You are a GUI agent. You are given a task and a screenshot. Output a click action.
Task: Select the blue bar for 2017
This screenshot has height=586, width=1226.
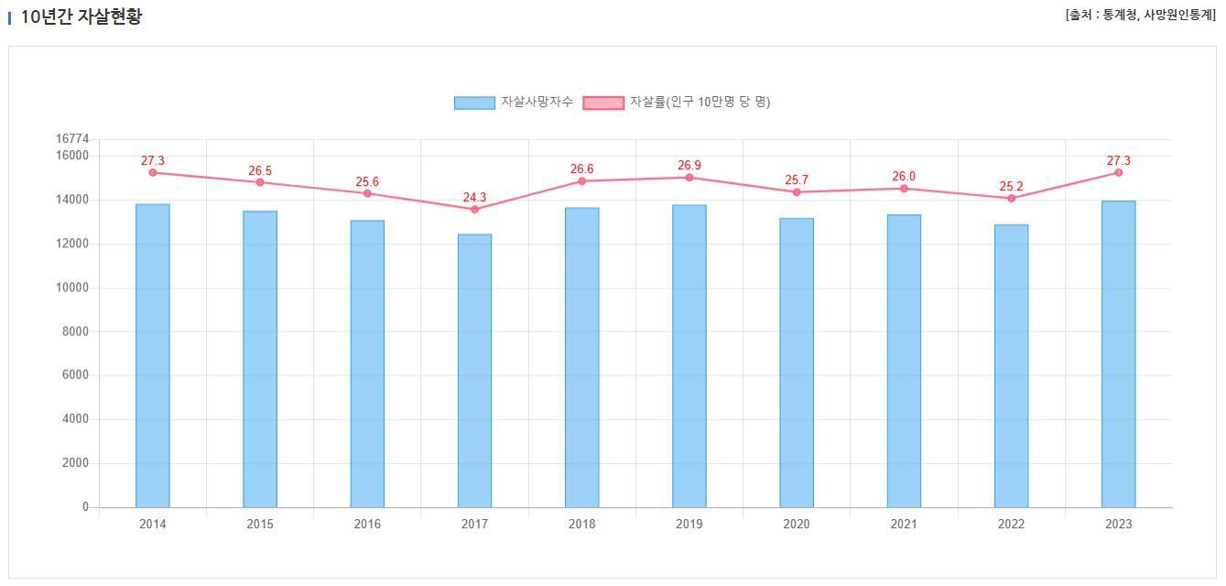(474, 371)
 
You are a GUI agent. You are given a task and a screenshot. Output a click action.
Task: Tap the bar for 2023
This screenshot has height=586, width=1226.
(1118, 353)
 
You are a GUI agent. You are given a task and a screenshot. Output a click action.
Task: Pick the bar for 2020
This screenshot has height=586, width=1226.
(797, 363)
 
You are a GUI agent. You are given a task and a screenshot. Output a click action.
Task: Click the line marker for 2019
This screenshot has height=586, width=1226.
(689, 178)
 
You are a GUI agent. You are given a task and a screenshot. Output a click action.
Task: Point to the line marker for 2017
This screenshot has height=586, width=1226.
(474, 210)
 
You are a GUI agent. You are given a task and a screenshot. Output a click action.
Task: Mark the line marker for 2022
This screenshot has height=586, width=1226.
(1011, 199)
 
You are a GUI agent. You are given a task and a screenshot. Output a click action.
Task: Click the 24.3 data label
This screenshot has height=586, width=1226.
(474, 197)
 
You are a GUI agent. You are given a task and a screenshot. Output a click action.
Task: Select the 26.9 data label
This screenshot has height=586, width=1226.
(689, 165)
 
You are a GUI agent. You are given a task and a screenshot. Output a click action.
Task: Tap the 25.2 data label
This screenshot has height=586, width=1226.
(1011, 186)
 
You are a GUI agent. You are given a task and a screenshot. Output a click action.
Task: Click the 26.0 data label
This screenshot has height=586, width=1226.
(904, 176)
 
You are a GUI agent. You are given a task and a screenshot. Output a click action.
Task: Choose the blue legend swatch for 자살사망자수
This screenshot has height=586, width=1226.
(473, 103)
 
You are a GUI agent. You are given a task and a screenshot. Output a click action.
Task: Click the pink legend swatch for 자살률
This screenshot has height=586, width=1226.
(603, 103)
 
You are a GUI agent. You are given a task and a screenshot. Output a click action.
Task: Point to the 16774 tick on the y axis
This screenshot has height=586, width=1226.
(72, 138)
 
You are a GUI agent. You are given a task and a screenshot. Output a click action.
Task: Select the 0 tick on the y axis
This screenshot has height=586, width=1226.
(85, 506)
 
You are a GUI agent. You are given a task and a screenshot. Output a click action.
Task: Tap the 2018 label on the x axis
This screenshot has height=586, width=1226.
(581, 524)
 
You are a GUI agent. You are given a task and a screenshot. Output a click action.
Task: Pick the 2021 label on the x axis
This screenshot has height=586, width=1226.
(904, 524)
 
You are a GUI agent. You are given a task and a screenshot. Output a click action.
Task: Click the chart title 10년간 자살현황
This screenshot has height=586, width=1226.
(81, 16)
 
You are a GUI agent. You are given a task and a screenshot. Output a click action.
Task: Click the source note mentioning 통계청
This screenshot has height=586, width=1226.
(1140, 15)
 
